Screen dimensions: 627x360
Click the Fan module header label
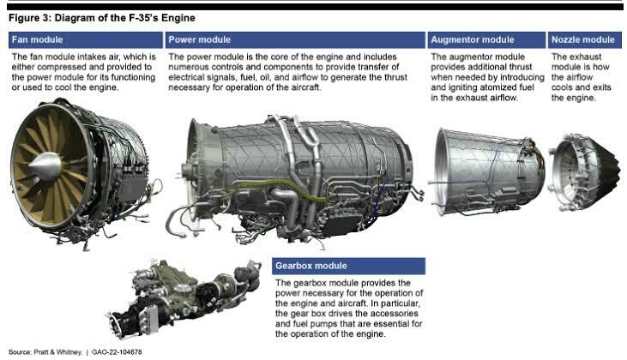pos(37,39)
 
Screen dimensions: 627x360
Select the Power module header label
pos(199,39)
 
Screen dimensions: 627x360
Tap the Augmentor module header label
pos(473,39)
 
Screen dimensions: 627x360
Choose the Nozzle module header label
pos(582,39)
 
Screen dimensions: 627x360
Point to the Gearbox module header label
pos(311,266)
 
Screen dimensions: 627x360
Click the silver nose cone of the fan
pos(45,166)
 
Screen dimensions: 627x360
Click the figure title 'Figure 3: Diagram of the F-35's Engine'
pos(102,18)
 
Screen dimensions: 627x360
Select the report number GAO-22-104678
pos(117,352)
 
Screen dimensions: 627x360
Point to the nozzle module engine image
pos(585,172)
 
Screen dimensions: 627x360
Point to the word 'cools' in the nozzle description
pos(562,87)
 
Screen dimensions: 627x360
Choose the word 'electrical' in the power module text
pos(186,77)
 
